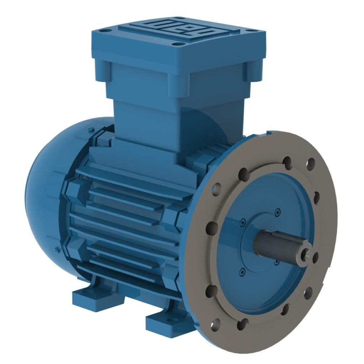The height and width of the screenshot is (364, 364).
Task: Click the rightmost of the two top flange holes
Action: point(311,163)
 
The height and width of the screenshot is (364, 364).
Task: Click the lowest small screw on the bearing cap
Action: point(242,272)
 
